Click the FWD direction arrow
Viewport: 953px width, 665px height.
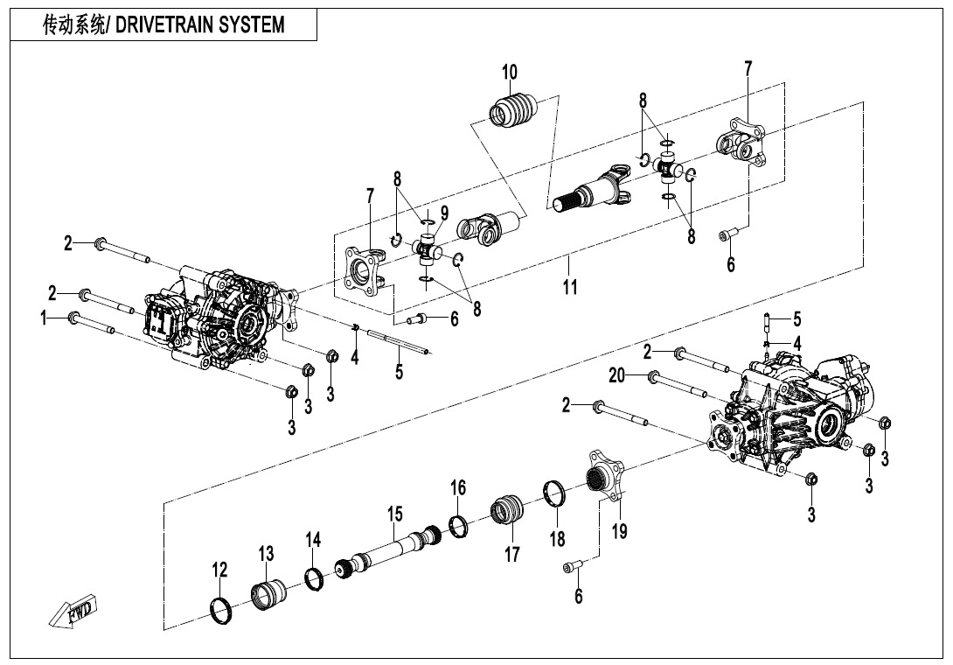pyautogui.click(x=75, y=610)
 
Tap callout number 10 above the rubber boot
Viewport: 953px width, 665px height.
pyautogui.click(x=509, y=72)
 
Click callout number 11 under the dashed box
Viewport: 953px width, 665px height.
pyautogui.click(x=570, y=287)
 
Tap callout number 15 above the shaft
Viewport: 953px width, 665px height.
pyautogui.click(x=394, y=513)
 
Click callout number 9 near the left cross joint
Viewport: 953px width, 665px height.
pyautogui.click(x=444, y=213)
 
